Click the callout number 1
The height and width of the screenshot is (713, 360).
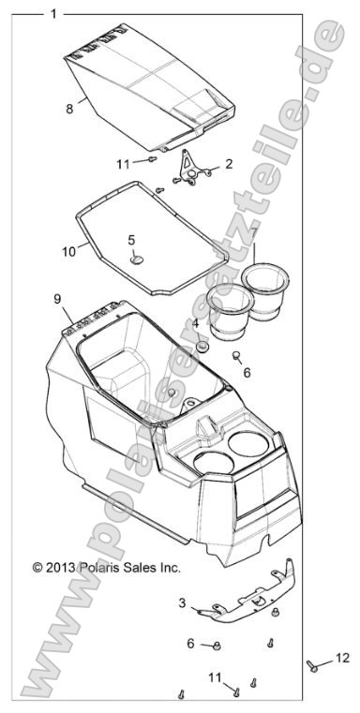point(53,14)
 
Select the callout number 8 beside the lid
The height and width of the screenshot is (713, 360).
point(69,109)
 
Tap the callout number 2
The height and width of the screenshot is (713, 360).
point(228,163)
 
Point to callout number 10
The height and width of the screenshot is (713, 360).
point(68,250)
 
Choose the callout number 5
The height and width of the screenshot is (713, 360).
point(132,240)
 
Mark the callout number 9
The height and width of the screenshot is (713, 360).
point(57,299)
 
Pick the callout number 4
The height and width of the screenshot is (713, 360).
point(195,324)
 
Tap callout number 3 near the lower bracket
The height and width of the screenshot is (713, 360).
point(182,629)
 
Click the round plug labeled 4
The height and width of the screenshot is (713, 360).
point(201,346)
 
